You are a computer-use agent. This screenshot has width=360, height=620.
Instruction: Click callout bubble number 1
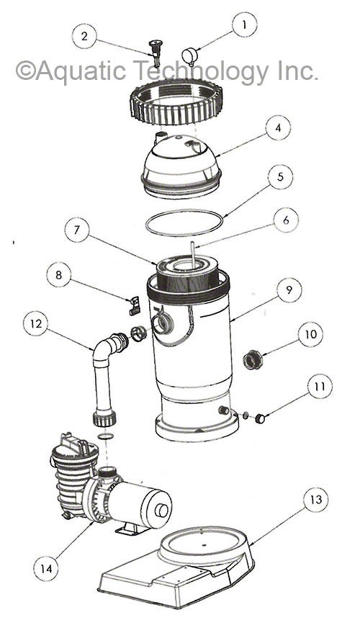click(x=245, y=24)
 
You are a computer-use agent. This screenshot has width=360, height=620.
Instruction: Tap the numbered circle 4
click(x=278, y=130)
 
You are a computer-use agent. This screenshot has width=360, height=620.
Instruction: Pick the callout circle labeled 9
click(x=289, y=290)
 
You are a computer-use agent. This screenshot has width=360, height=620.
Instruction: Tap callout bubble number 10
click(x=310, y=336)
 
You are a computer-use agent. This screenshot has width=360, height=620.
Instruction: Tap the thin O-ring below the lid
click(x=184, y=223)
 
